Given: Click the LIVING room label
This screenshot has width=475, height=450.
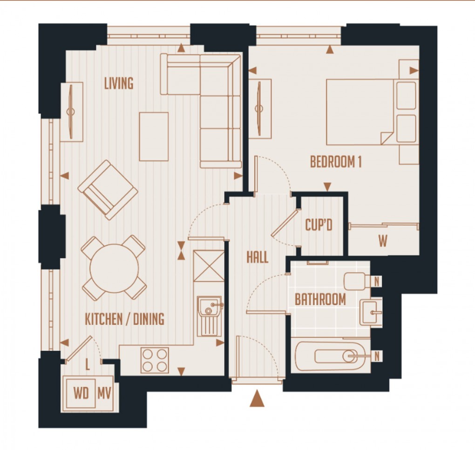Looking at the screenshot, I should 119,84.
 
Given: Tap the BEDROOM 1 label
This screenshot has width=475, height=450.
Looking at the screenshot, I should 336,162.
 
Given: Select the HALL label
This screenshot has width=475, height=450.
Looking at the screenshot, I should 258,257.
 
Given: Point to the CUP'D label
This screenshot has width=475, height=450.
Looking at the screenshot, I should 319,226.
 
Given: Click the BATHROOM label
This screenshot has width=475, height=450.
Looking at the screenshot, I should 320,300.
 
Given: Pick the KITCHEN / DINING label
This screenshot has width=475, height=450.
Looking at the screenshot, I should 124,320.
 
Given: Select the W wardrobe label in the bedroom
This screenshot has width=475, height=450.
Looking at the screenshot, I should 383,242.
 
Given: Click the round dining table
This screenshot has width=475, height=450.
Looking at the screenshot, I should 115,268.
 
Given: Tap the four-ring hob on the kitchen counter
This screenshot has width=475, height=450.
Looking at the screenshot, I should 155,360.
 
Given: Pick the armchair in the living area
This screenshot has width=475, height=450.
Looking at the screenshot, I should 108,190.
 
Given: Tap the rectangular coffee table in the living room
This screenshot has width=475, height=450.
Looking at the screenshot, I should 154,136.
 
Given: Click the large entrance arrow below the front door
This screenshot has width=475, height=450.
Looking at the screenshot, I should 257,399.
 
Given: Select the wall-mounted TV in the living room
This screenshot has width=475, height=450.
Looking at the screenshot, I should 72,112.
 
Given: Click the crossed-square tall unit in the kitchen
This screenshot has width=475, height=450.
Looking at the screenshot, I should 209,266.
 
